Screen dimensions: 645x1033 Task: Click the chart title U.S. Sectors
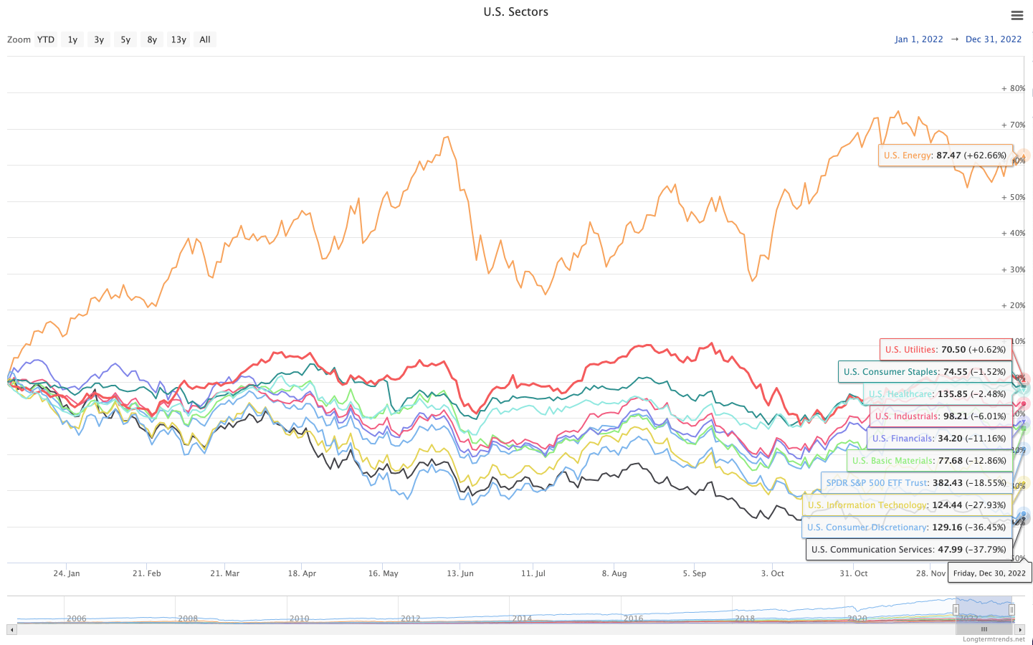pyautogui.click(x=515, y=12)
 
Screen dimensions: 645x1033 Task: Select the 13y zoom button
pyautogui.click(x=178, y=39)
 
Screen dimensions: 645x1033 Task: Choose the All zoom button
pyautogui.click(x=205, y=39)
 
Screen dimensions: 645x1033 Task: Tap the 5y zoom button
pyautogui.click(x=125, y=39)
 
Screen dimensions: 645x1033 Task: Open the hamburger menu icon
pyautogui.click(x=1017, y=16)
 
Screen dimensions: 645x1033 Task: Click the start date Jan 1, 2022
pyautogui.click(x=918, y=39)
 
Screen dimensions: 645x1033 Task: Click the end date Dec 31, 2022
pyautogui.click(x=993, y=39)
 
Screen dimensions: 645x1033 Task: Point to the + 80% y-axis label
pyautogui.click(x=1013, y=89)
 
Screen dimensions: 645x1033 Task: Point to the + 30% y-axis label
pyautogui.click(x=1013, y=270)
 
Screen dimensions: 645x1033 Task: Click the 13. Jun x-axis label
pyautogui.click(x=460, y=573)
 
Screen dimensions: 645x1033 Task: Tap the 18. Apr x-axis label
pyautogui.click(x=302, y=573)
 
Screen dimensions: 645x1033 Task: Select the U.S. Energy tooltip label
pyautogui.click(x=945, y=156)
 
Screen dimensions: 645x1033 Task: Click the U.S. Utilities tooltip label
pyautogui.click(x=945, y=350)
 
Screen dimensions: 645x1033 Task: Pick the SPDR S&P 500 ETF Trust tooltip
pyautogui.click(x=916, y=483)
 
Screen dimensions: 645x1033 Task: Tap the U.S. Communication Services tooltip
pyautogui.click(x=908, y=550)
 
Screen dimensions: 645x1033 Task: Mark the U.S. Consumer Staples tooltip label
pyautogui.click(x=924, y=372)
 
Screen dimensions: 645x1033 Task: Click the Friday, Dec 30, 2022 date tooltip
pyautogui.click(x=989, y=573)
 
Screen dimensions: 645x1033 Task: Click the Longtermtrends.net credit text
pyautogui.click(x=994, y=639)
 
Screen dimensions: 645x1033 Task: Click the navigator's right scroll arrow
pyautogui.click(x=1020, y=630)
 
